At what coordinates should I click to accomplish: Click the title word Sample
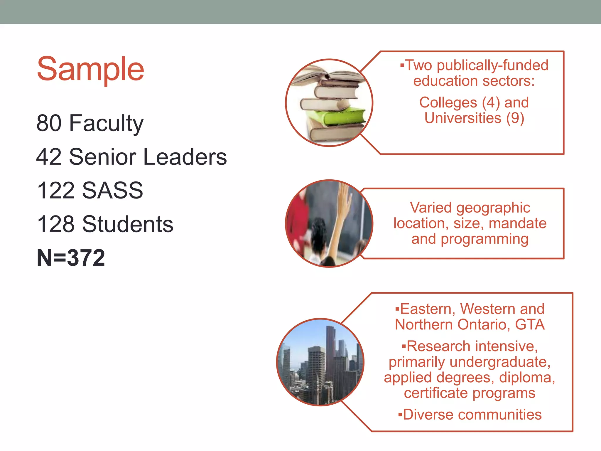pyautogui.click(x=90, y=69)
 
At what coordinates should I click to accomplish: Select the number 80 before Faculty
pyautogui.click(x=49, y=123)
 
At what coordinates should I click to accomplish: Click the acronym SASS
pyautogui.click(x=112, y=191)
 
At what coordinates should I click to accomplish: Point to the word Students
pyautogui.click(x=128, y=224)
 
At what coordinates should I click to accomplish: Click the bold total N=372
pyautogui.click(x=71, y=258)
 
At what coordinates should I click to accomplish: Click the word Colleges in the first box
pyautogui.click(x=448, y=103)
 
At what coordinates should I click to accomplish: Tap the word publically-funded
pyautogui.click(x=492, y=65)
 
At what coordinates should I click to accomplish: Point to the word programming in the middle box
pyautogui.click(x=484, y=239)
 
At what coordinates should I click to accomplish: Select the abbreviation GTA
pyautogui.click(x=530, y=325)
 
